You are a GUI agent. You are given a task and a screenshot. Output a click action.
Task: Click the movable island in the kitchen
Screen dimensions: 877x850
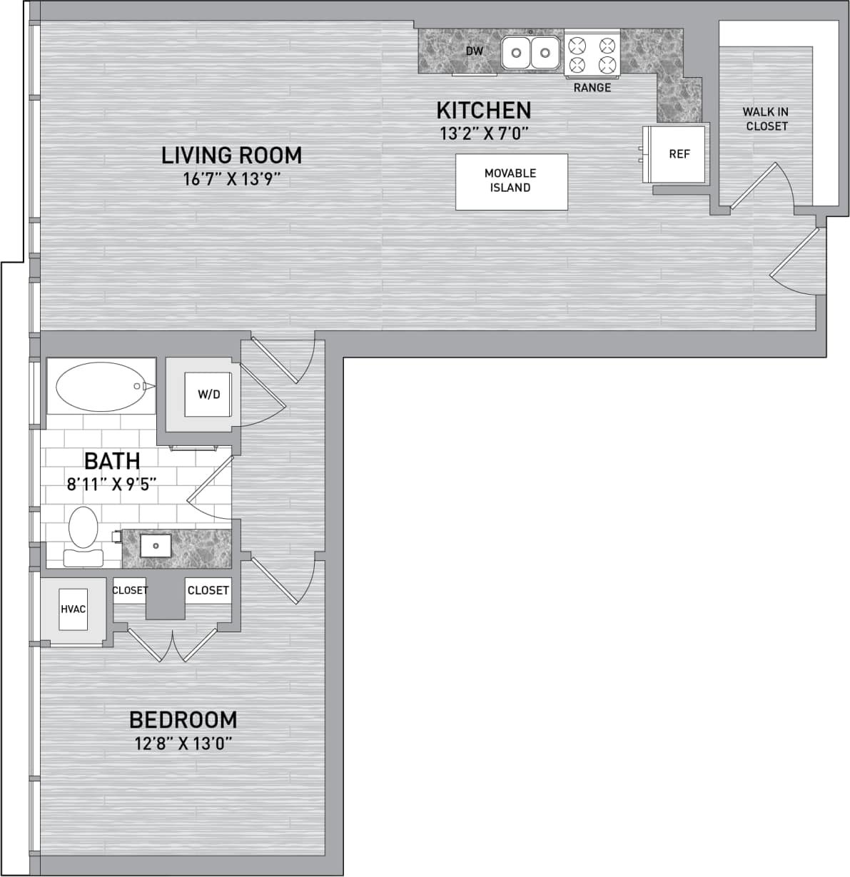[x=512, y=181]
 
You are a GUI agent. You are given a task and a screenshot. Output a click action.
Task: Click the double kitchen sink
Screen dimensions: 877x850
[x=530, y=53]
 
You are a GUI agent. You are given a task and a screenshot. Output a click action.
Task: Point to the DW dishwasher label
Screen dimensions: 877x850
[x=475, y=51]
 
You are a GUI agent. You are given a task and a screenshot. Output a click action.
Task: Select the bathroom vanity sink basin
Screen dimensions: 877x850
[x=156, y=546]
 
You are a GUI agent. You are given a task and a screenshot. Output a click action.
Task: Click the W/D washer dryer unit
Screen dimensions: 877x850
[x=208, y=395]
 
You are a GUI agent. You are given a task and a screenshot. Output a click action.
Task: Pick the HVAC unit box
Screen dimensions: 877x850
[x=74, y=609]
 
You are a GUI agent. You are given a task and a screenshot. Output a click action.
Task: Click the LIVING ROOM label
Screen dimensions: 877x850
[x=231, y=155]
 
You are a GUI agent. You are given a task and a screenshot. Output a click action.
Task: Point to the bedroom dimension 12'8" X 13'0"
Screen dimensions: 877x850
[x=183, y=744]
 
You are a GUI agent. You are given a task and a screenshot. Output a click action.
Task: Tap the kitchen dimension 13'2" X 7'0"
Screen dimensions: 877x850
[x=484, y=133]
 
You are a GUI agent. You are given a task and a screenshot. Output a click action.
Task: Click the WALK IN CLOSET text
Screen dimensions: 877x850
[x=766, y=119]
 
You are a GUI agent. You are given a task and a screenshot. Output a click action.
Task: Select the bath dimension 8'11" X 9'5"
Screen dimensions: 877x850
[x=112, y=484]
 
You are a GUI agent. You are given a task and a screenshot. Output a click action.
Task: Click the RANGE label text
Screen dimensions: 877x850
[x=592, y=88]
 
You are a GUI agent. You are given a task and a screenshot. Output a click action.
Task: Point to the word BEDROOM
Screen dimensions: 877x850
[x=183, y=719]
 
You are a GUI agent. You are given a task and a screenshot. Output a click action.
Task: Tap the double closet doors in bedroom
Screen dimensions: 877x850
[x=173, y=645]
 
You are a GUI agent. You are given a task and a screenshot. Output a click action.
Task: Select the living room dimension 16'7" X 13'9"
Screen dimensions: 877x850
[x=231, y=179]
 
